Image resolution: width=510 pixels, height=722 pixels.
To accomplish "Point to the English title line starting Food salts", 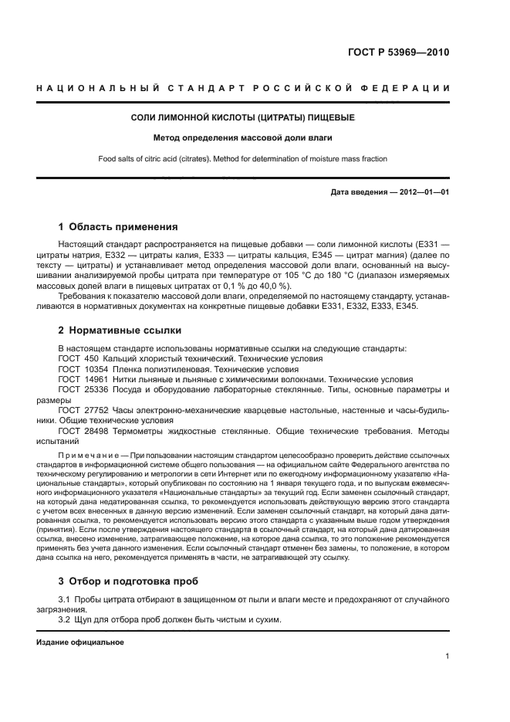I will pyautogui.click(x=242, y=159).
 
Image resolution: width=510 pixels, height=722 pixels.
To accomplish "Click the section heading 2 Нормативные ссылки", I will pyautogui.click(x=120, y=330).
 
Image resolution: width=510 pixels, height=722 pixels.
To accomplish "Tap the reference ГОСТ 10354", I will pyautogui.click(x=79, y=369).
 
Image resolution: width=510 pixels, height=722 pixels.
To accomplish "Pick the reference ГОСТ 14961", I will pyautogui.click(x=79, y=379).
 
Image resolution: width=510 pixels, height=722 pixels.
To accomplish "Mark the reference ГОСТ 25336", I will pyautogui.click(x=79, y=390).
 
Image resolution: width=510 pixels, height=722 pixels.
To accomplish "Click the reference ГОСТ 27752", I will pyautogui.click(x=79, y=411).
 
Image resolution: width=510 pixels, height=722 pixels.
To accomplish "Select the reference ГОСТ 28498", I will pyautogui.click(x=79, y=432).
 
